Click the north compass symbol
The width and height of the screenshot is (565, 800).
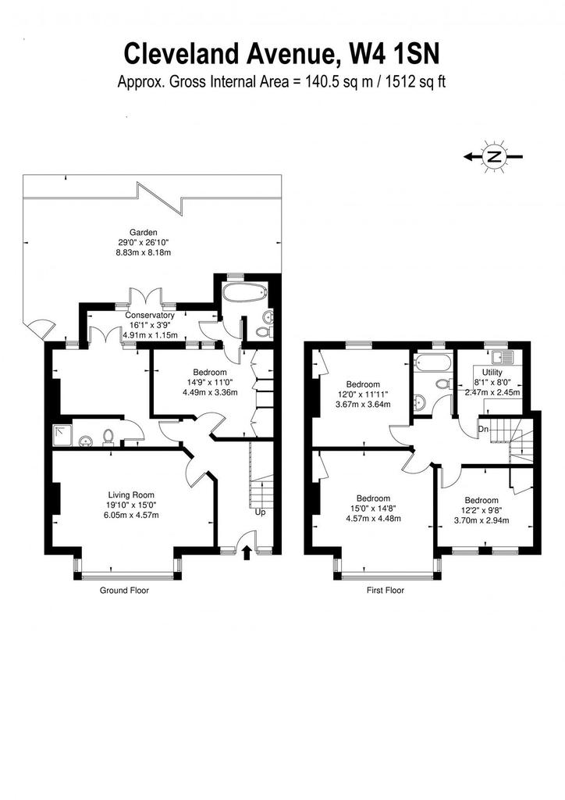pyautogui.click(x=492, y=156)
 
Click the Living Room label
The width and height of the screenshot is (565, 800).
pyautogui.click(x=131, y=495)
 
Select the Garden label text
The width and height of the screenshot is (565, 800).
pyautogui.click(x=143, y=232)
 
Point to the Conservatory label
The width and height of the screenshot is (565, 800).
pyautogui.click(x=150, y=316)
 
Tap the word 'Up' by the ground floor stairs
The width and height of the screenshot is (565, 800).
pyautogui.click(x=260, y=512)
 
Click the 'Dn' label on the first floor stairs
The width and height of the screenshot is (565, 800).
pyautogui.click(x=483, y=429)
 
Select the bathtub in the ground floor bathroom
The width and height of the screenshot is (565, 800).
pyautogui.click(x=244, y=294)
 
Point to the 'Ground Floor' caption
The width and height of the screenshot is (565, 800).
pyautogui.click(x=124, y=591)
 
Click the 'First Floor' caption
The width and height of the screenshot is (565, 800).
pyautogui.click(x=386, y=591)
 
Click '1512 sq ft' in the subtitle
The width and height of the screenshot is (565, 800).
pyautogui.click(x=416, y=81)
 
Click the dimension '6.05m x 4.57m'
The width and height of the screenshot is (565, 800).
pyautogui.click(x=131, y=515)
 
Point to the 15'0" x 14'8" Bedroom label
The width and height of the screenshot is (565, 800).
pyautogui.click(x=374, y=509)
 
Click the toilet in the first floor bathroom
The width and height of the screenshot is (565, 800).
pyautogui.click(x=442, y=383)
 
